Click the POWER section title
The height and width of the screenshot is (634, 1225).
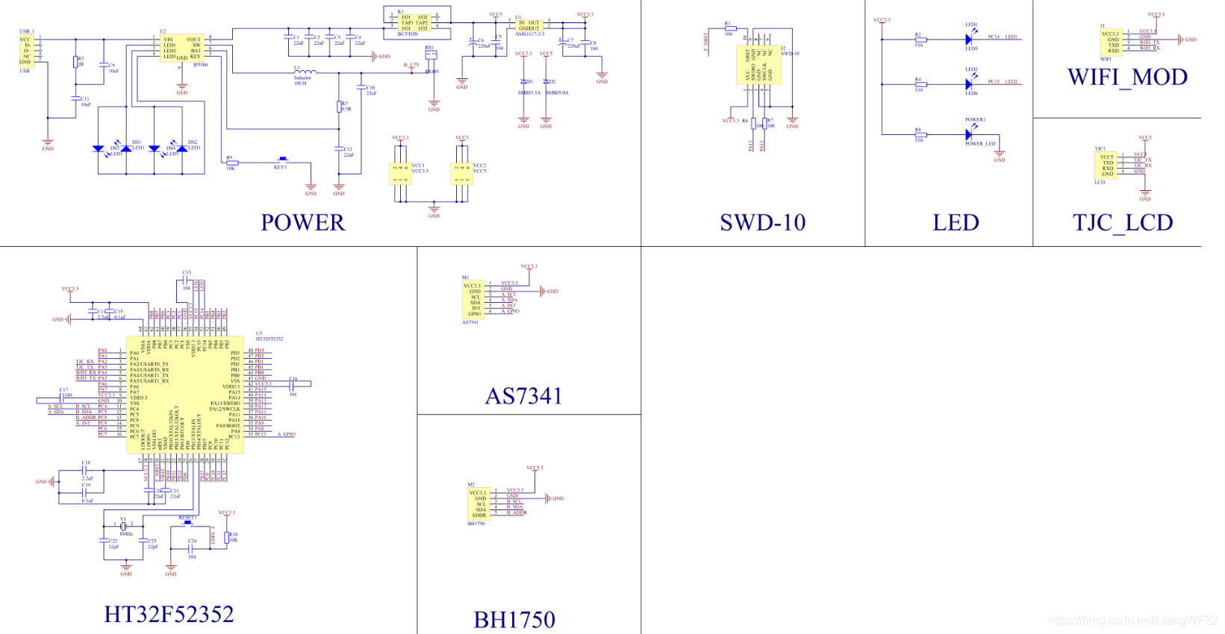pos(302,222)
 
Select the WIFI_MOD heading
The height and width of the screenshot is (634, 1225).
pos(1127,77)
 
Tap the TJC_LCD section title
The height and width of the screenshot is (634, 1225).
pos(1123,222)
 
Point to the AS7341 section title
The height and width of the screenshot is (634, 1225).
pos(523,396)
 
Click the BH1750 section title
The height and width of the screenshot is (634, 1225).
pos(514,619)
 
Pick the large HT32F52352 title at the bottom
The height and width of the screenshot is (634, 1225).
pos(169,614)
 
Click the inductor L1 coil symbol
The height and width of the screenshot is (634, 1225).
pos(305,72)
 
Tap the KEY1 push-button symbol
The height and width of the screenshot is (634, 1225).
pos(282,160)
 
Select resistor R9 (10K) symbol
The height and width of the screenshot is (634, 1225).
pos(232,163)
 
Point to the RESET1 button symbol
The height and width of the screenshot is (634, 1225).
pos(187,523)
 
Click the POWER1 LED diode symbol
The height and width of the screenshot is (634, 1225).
pos(969,135)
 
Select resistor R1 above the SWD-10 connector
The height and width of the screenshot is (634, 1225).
pos(730,28)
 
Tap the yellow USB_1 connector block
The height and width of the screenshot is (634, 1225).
pos(26,51)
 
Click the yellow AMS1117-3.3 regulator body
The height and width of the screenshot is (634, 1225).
pos(529,25)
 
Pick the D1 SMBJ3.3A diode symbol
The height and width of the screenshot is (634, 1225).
pos(524,81)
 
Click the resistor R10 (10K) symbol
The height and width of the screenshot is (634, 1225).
pos(228,538)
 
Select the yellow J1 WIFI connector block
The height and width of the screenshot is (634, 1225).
pos(1110,43)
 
